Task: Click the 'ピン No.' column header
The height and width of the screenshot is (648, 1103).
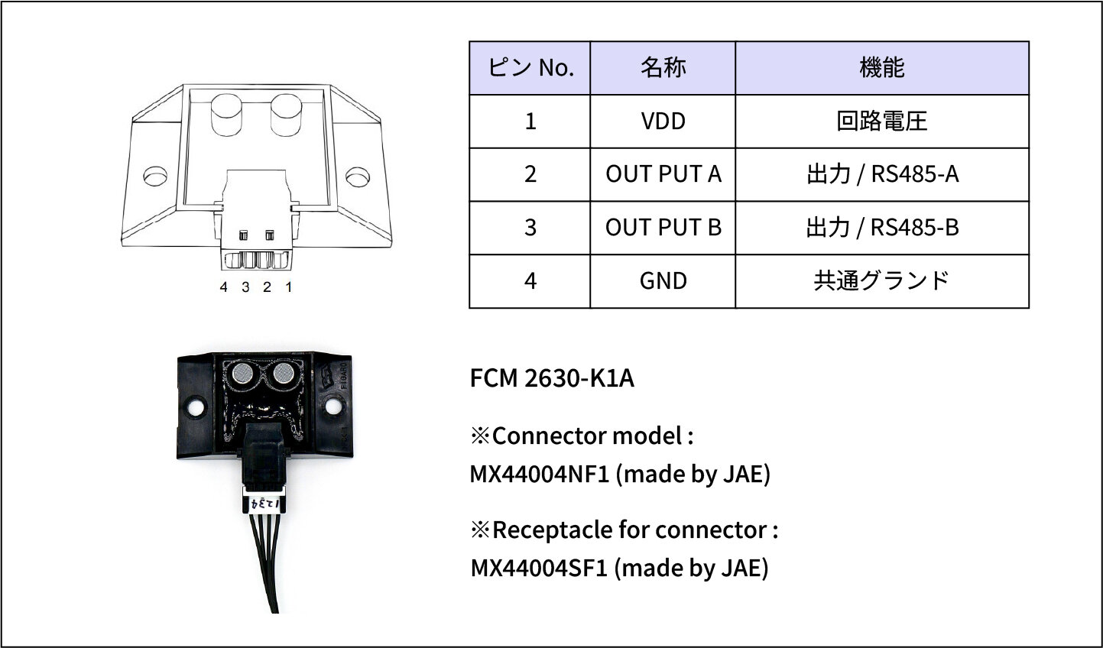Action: point(530,68)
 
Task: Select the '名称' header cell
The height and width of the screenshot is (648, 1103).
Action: point(663,68)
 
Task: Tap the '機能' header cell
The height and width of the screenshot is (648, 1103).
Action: point(881,68)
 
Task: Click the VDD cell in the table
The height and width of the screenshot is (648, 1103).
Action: point(663,122)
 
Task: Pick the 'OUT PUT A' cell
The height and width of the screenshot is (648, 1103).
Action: point(663,174)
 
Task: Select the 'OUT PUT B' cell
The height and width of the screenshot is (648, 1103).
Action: point(663,228)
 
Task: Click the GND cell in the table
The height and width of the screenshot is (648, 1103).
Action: point(663,281)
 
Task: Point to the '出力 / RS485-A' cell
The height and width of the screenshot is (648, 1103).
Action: point(881,174)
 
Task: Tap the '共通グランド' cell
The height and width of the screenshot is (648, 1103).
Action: point(881,281)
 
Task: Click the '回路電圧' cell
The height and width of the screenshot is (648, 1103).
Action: point(881,122)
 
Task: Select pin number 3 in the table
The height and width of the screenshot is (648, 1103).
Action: point(530,228)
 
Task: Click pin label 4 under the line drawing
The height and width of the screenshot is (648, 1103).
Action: point(223,287)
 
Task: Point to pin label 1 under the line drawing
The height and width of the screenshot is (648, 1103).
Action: point(288,287)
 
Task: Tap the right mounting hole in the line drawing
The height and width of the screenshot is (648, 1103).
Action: point(356,177)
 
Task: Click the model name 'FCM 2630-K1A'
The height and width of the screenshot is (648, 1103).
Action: point(552,378)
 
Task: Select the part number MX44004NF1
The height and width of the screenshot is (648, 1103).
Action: point(540,475)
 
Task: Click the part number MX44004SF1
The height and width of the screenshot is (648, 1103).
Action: point(539,569)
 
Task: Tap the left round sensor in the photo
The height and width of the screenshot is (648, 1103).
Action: point(243,374)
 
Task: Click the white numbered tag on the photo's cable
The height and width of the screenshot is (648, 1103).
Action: point(263,503)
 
